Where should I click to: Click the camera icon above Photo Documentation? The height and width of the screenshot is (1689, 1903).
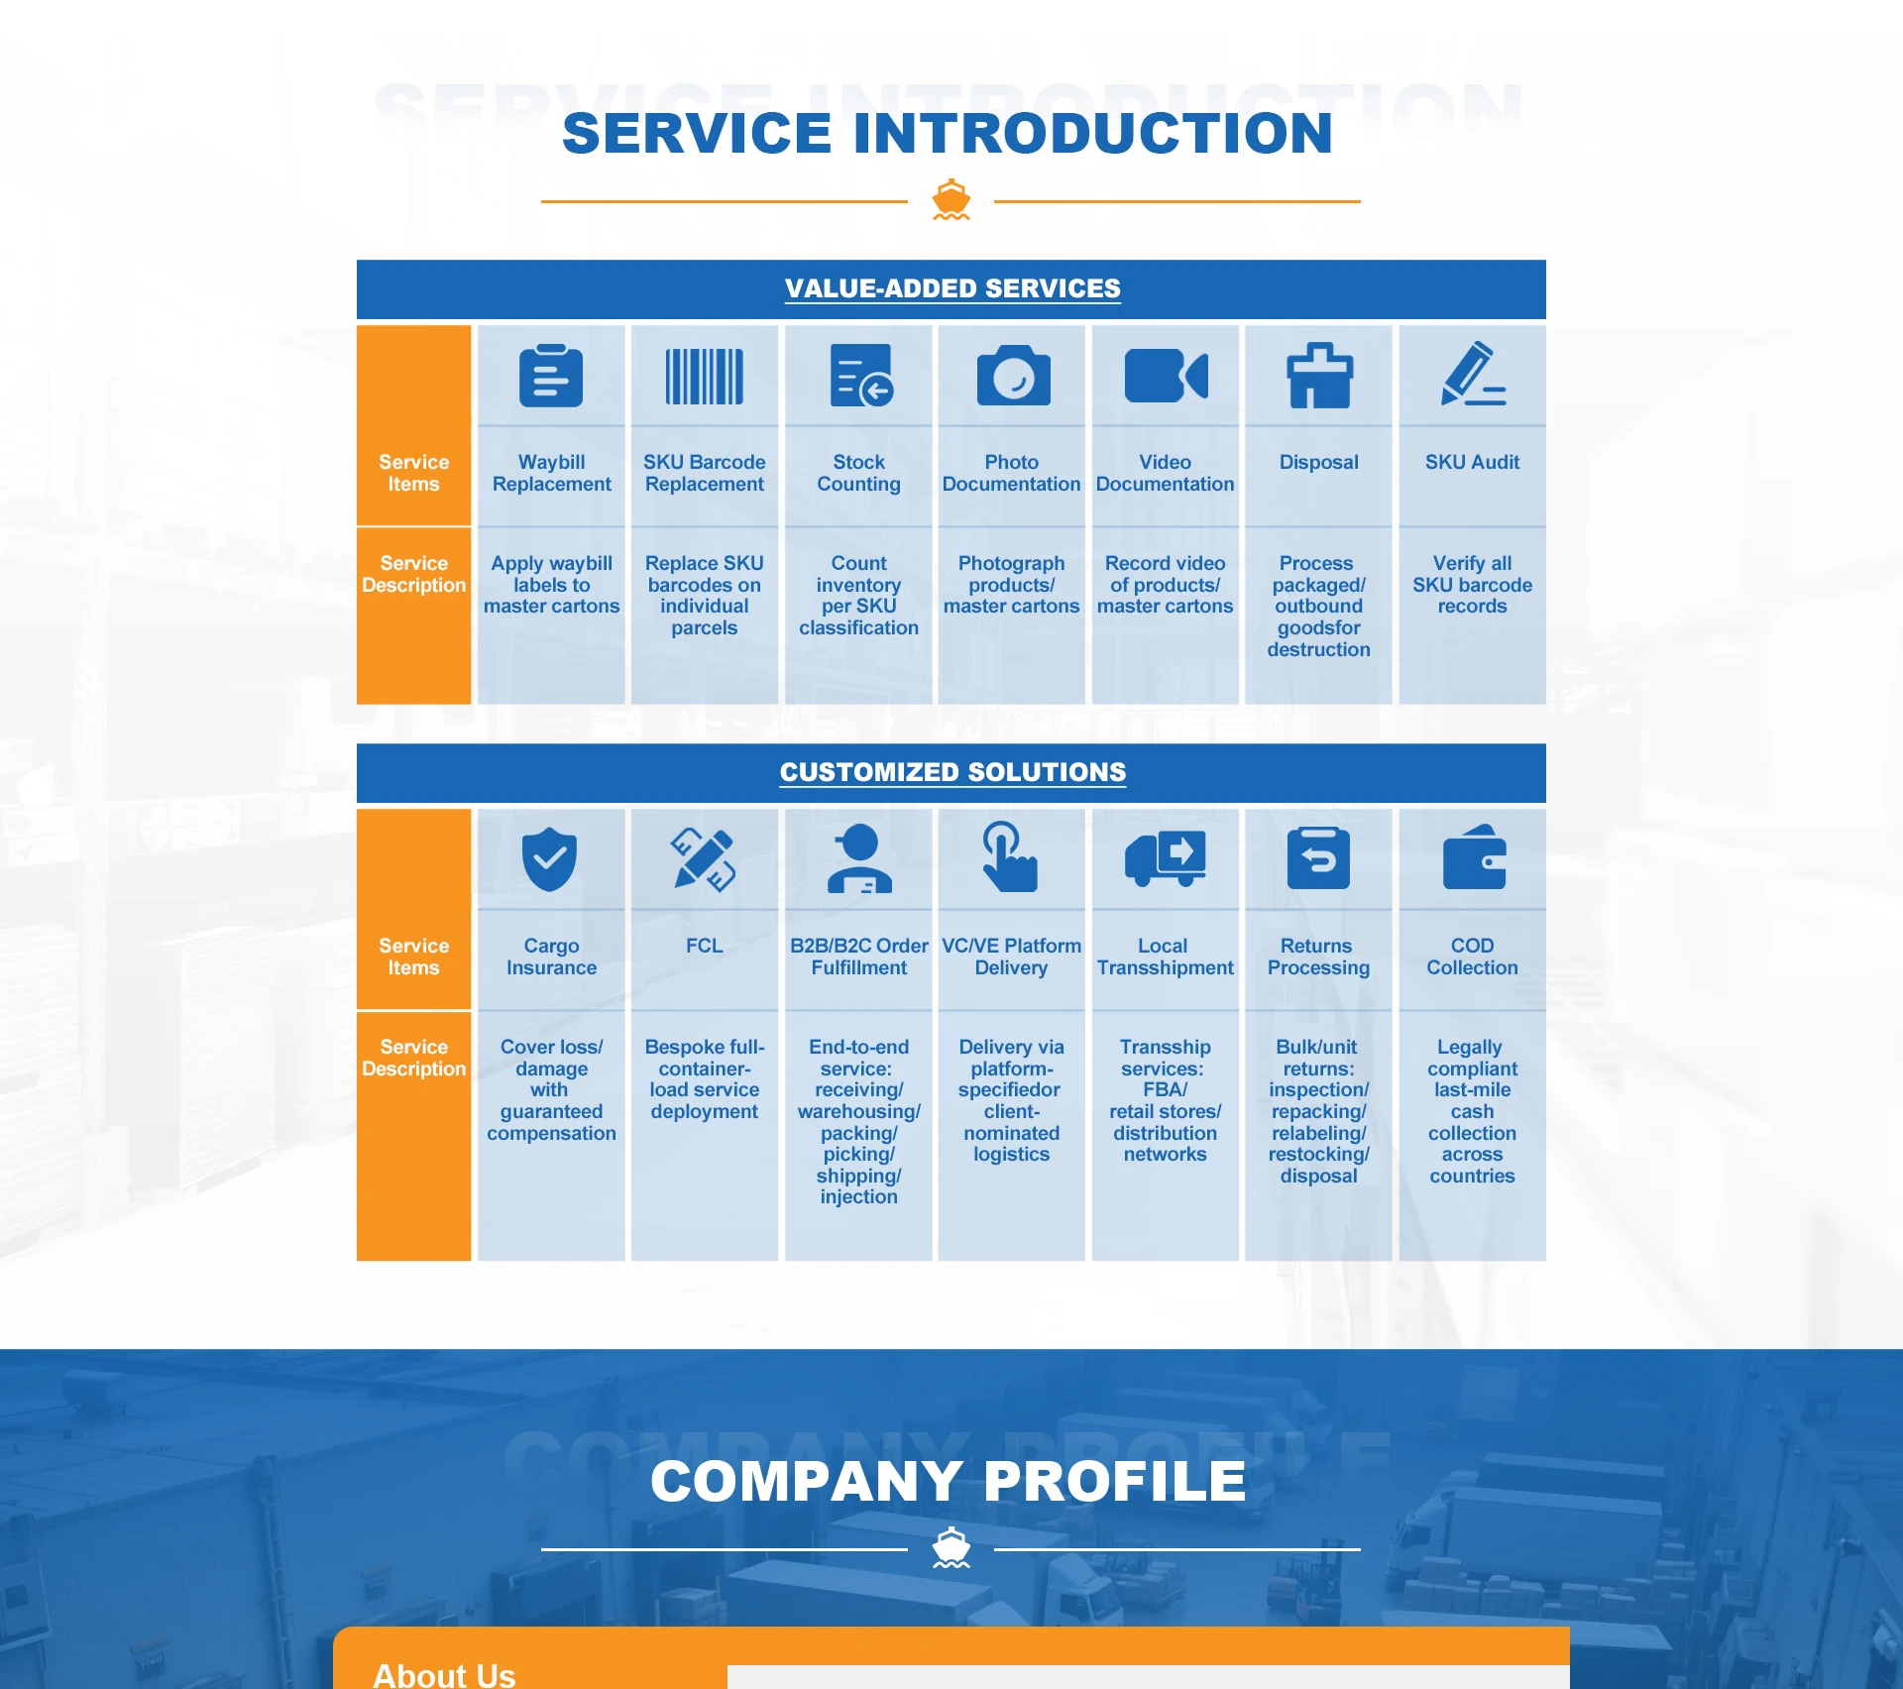(1012, 376)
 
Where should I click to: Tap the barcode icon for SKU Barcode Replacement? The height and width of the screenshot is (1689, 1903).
(705, 376)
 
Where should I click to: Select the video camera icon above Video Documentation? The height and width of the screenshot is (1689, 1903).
(1166, 376)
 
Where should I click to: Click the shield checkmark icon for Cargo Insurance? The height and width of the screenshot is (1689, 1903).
(550, 858)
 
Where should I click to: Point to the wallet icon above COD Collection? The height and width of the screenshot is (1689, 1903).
(1474, 858)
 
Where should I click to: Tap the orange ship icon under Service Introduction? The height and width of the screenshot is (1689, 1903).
(951, 199)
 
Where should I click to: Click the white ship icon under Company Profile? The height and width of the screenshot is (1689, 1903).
(951, 1547)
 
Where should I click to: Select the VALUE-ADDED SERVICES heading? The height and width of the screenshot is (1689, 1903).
(951, 288)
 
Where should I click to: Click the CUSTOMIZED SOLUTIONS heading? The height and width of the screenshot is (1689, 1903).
(951, 772)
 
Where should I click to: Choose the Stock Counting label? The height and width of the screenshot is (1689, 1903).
(858, 473)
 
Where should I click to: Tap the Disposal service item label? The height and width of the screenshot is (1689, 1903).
(1318, 462)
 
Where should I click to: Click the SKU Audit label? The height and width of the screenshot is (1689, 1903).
(1472, 462)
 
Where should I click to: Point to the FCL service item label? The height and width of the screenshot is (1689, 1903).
(704, 946)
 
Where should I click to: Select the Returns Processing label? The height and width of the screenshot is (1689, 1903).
(1318, 957)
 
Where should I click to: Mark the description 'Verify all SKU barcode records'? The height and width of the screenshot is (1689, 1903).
(1472, 585)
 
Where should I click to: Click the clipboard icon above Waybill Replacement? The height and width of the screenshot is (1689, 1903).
(551, 376)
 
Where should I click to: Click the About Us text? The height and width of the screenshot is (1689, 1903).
(444, 1674)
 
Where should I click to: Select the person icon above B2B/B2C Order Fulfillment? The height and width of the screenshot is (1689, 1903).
(858, 858)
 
